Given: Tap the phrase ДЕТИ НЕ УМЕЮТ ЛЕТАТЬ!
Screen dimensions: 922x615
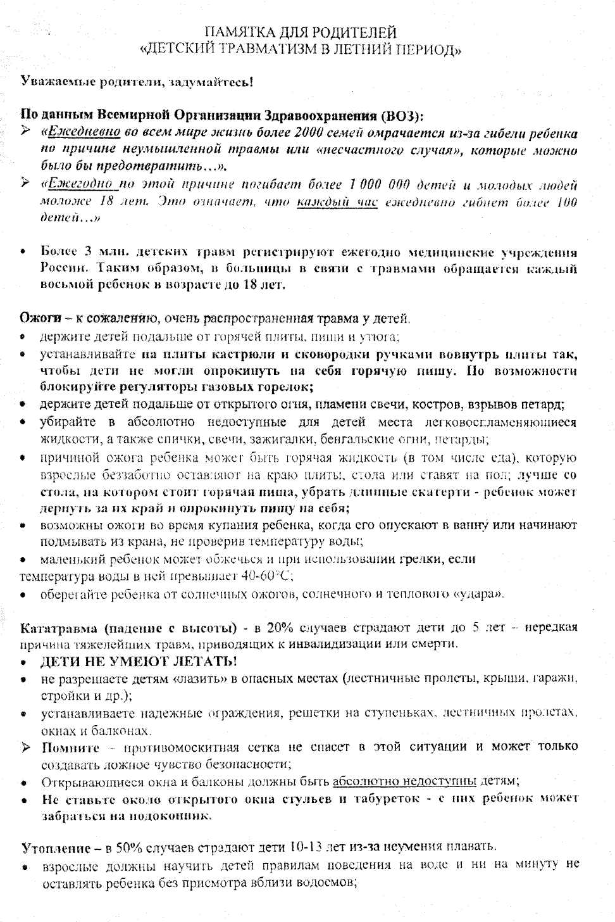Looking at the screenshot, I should click(x=139, y=662).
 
